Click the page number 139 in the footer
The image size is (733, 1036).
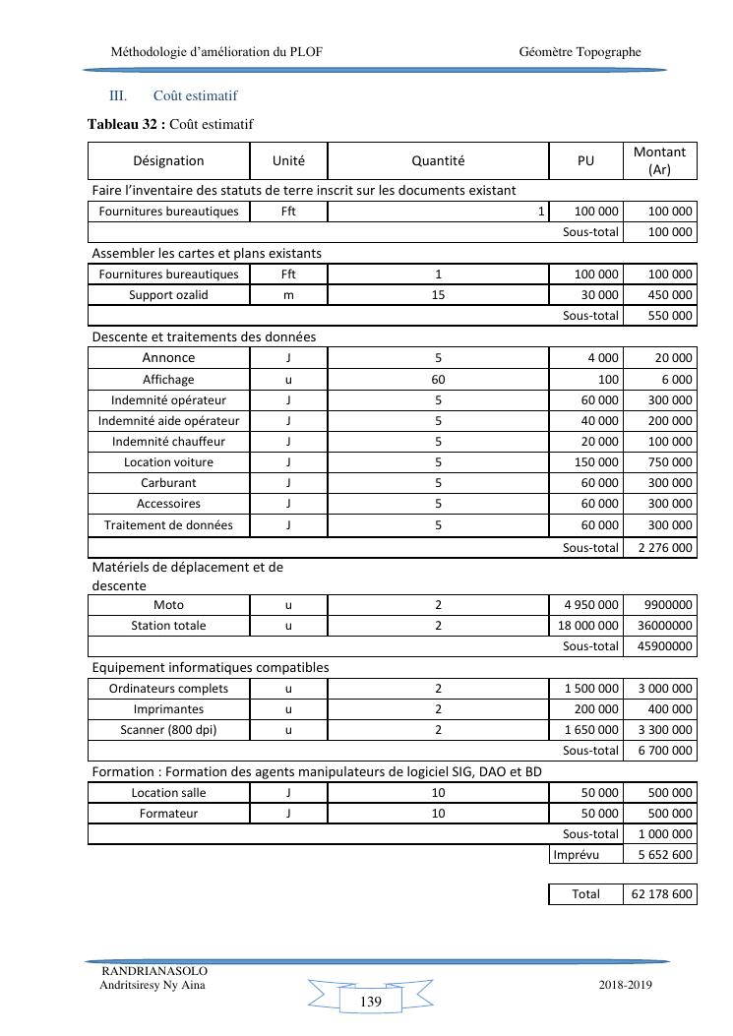point(371,1002)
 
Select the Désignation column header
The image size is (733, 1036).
point(168,161)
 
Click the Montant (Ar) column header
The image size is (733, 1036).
point(659,160)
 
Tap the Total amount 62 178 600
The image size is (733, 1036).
point(659,894)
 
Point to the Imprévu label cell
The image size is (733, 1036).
point(577,855)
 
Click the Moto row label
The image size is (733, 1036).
point(168,604)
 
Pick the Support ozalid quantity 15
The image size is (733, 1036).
point(438,295)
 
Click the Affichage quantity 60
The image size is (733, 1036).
point(438,380)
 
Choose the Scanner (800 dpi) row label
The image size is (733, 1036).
point(168,730)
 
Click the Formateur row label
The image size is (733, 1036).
point(168,814)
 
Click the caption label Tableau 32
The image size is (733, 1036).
point(123,124)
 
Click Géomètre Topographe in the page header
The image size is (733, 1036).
point(580,51)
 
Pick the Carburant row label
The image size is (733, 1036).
point(168,483)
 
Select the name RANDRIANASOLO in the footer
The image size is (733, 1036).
point(154,971)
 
